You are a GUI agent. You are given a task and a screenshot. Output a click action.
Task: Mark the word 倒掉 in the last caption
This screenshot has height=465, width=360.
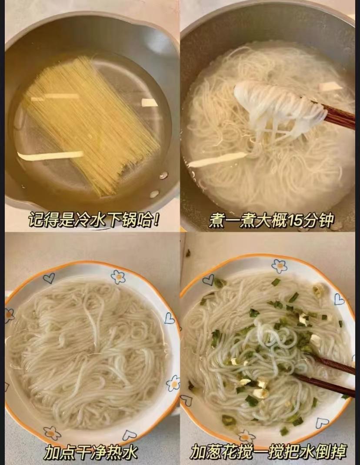pos(333,452)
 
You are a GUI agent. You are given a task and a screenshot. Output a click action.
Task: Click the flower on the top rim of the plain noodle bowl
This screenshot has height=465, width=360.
pos(118,277)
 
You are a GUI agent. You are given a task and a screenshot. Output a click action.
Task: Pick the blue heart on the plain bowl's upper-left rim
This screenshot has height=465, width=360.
pos(49,278)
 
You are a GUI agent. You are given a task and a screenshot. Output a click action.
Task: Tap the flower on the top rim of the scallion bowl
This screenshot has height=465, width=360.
pos(279,266)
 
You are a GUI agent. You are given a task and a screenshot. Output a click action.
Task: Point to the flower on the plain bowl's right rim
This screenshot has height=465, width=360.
pos(173,383)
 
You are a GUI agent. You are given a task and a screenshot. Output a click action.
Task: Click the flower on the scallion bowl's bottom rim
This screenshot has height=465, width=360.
pos(247,436)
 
